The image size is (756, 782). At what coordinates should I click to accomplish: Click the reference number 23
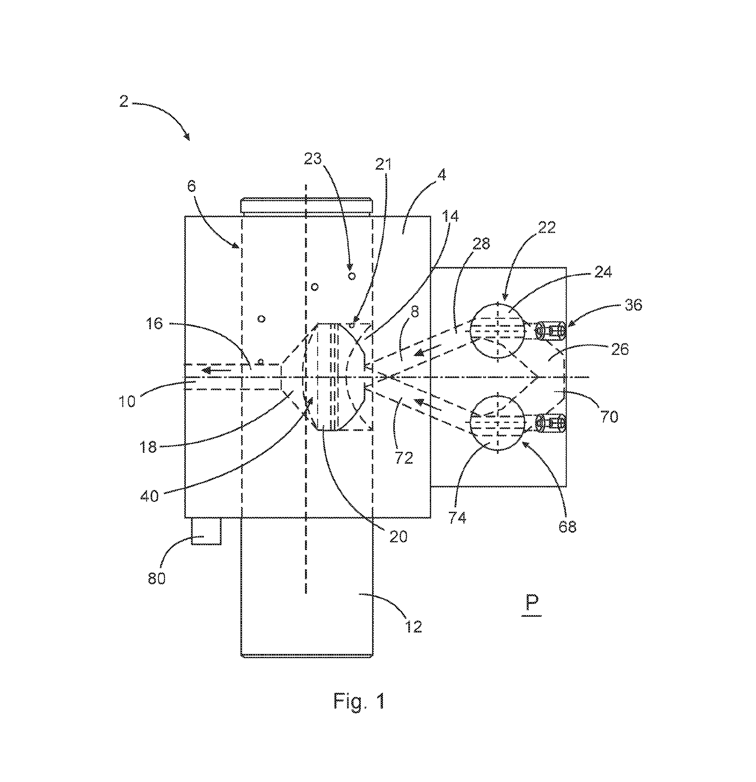pyautogui.click(x=313, y=159)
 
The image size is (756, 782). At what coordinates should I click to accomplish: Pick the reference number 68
pyautogui.click(x=567, y=527)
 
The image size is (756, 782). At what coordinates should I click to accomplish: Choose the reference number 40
pyautogui.click(x=150, y=496)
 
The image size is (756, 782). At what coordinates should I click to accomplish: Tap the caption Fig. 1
pyautogui.click(x=359, y=701)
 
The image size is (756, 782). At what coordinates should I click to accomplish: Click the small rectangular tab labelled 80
pyautogui.click(x=206, y=531)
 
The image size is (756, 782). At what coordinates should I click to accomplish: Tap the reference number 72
pyautogui.click(x=404, y=458)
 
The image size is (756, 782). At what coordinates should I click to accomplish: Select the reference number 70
pyautogui.click(x=609, y=417)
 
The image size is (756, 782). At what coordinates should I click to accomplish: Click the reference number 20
pyautogui.click(x=398, y=536)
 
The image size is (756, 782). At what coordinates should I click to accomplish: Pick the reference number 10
pyautogui.click(x=127, y=401)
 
